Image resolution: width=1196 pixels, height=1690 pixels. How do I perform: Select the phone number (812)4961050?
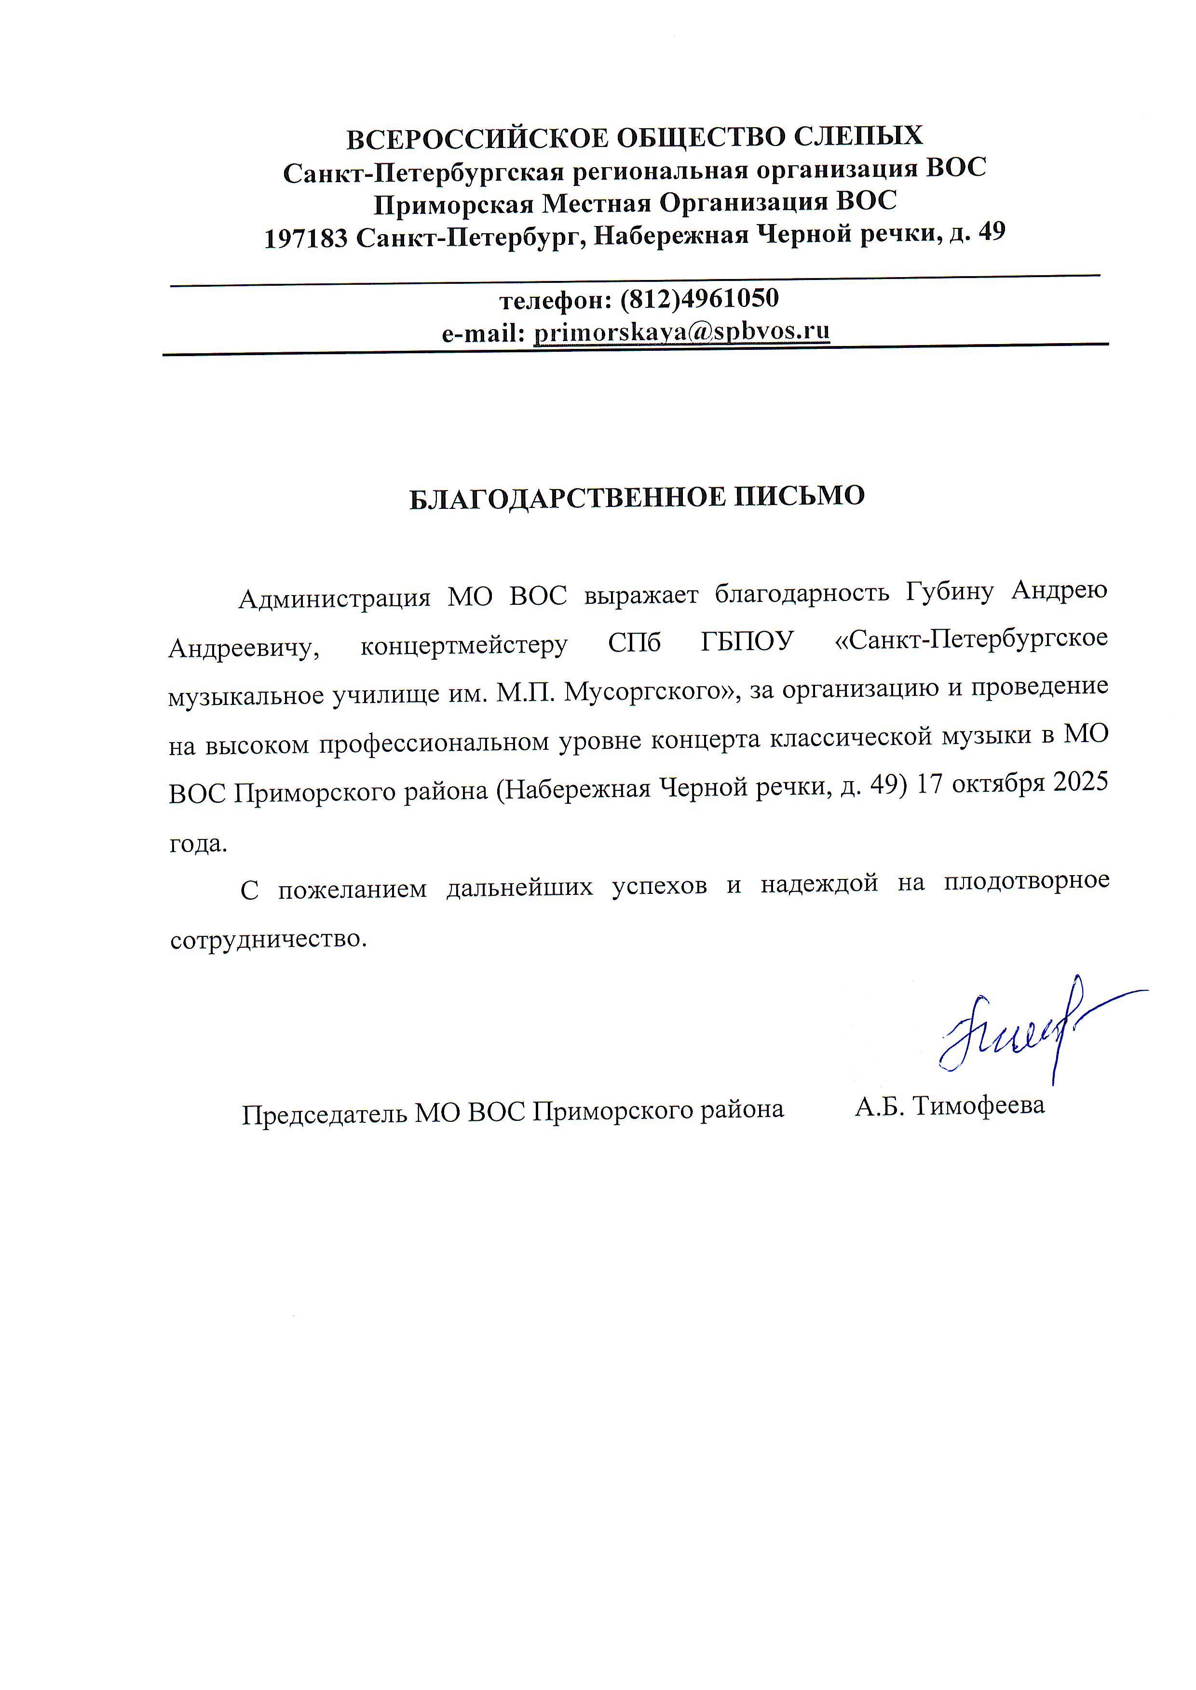point(700,298)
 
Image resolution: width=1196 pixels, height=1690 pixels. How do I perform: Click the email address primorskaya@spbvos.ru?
point(681,332)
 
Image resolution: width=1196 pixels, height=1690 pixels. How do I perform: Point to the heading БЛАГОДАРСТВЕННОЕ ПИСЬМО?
point(637,497)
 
